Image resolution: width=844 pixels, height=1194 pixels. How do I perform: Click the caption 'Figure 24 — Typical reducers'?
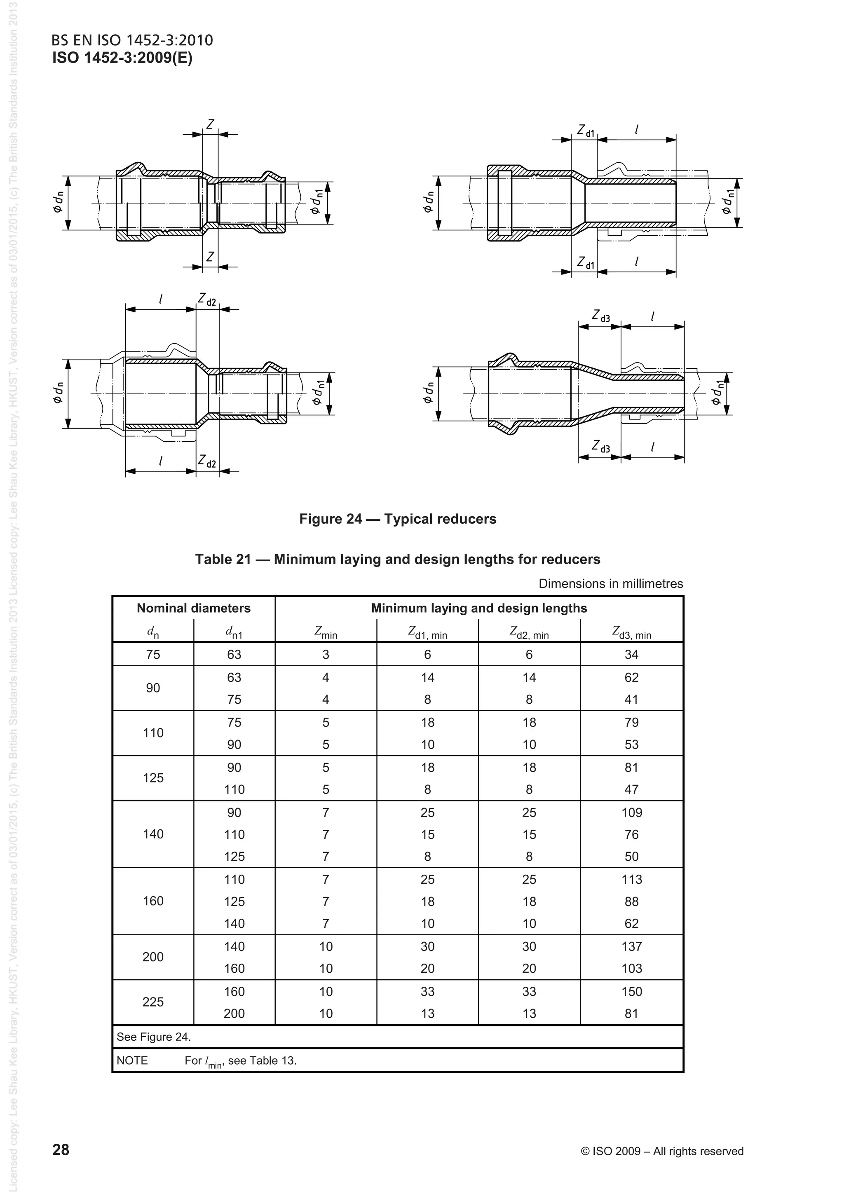(397, 519)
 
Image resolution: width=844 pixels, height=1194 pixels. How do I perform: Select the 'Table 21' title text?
(397, 559)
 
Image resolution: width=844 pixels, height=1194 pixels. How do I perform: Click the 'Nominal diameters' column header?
(193, 608)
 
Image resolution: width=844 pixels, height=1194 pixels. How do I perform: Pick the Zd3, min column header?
(631, 632)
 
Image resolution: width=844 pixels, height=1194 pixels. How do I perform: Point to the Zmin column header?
(326, 632)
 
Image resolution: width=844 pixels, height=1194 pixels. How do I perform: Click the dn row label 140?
(153, 834)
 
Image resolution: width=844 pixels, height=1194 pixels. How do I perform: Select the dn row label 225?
(153, 1002)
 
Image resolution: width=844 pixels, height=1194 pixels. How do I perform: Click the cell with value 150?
(631, 991)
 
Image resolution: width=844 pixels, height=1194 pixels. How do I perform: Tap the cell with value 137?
(631, 946)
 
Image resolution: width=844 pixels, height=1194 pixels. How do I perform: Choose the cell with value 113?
(631, 879)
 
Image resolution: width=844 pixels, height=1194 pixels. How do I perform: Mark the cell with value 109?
(631, 812)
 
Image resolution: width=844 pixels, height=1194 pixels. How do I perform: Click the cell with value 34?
(631, 654)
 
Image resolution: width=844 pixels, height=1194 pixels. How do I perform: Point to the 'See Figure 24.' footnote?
(154, 1037)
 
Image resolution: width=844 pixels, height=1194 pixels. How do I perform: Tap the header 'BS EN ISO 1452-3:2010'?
(132, 40)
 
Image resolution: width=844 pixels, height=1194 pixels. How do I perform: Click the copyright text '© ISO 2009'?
(661, 1151)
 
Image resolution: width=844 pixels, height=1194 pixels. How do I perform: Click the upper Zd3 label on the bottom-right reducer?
(600, 316)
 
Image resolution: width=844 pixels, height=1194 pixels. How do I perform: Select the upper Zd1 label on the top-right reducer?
(586, 130)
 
